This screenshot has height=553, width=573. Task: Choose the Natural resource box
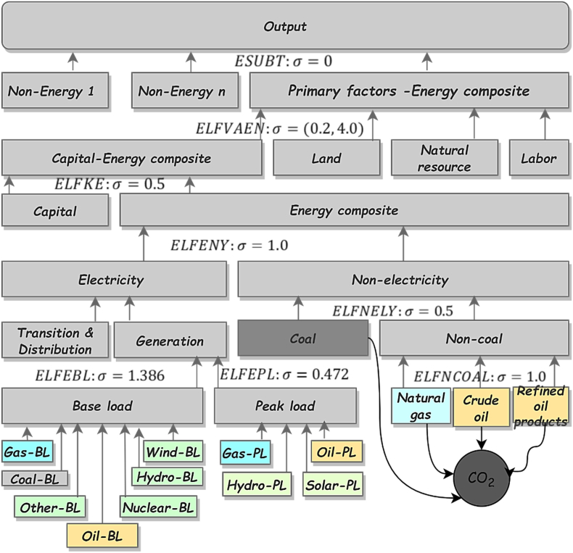pyautogui.click(x=445, y=158)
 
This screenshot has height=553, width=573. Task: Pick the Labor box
pyautogui.click(x=537, y=158)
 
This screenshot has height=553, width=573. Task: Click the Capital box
pyautogui.click(x=55, y=212)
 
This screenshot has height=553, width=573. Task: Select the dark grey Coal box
pyautogui.click(x=302, y=338)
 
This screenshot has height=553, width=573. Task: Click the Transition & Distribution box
pyautogui.click(x=55, y=341)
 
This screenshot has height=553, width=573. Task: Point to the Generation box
pyautogui.click(x=169, y=341)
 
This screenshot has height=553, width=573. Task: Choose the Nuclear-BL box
pyautogui.click(x=158, y=507)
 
